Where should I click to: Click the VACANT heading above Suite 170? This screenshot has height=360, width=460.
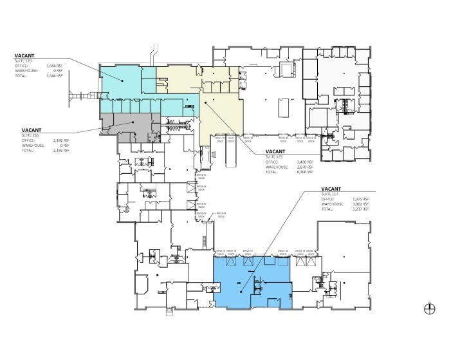(24, 56)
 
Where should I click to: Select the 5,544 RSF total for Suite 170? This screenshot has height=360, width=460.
(57, 76)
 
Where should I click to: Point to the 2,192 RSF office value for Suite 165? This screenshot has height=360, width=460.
(57, 140)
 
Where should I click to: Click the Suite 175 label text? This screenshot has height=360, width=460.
(274, 156)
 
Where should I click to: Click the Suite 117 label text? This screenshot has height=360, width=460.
(329, 194)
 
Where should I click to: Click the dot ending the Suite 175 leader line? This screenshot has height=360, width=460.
(205, 102)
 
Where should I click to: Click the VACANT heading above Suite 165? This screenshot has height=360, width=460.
(32, 130)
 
